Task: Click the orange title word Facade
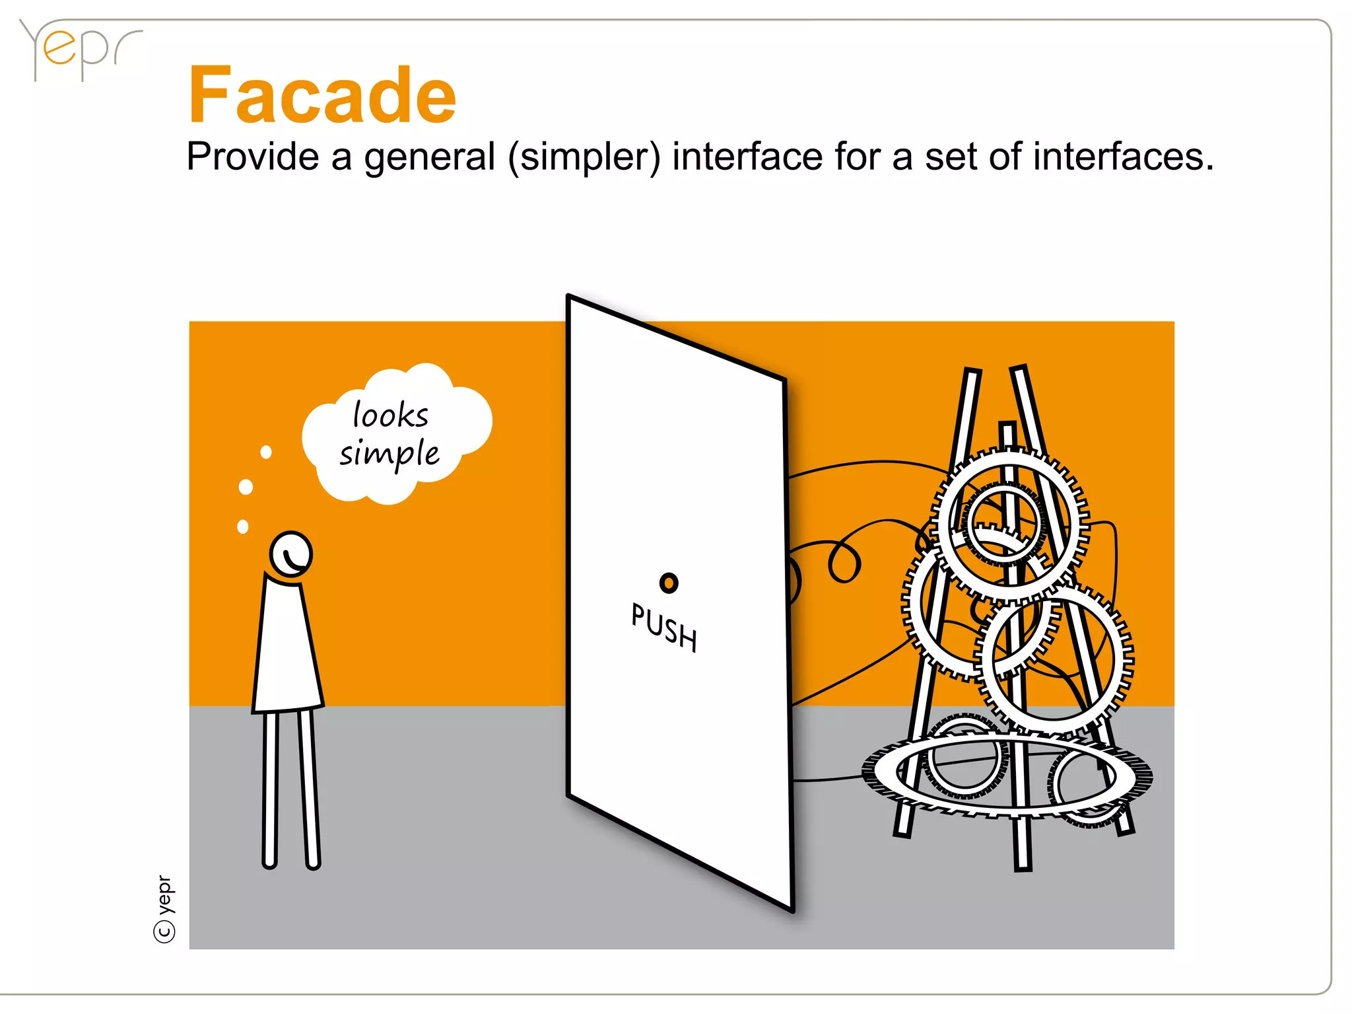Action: tap(322, 96)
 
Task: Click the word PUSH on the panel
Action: tap(664, 628)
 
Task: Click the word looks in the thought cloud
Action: tap(391, 416)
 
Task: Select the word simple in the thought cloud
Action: tap(389, 454)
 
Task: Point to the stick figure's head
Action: tap(290, 554)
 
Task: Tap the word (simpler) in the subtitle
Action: tap(584, 158)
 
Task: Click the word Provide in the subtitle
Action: tap(253, 157)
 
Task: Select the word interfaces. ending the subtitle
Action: tap(1123, 157)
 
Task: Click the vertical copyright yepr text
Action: tap(165, 908)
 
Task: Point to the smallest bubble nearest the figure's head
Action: tap(243, 526)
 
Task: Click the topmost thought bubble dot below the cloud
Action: tap(266, 452)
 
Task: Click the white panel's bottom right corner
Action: tap(792, 910)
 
